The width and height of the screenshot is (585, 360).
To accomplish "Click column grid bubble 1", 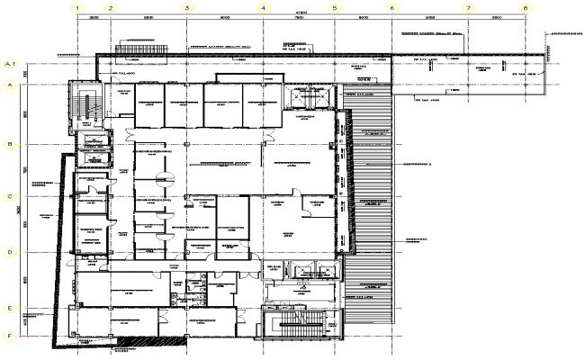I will (78, 8).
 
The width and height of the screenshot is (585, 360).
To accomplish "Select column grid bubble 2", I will (111, 8).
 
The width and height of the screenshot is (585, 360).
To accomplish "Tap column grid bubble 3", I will (186, 8).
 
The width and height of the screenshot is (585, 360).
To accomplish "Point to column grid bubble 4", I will (264, 8).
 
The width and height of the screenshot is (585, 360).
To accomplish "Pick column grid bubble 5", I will (334, 8).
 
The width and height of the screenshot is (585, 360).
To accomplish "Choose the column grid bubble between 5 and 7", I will (391, 8).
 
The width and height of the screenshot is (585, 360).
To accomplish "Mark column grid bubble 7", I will (468, 8).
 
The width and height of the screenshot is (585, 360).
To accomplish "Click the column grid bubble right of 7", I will (525, 8).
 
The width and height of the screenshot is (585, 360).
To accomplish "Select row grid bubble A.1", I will (11, 65).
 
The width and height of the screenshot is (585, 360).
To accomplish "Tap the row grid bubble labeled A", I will (9, 85).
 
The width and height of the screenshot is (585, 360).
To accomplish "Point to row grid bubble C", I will (9, 196).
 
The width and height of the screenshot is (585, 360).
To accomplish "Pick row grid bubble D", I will (9, 253).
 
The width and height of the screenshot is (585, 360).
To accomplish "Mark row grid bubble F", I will (9, 336).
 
